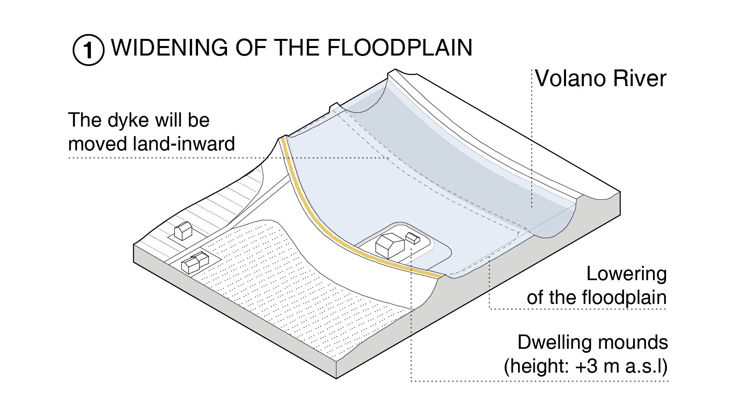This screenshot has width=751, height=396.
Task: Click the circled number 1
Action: tap(88, 50)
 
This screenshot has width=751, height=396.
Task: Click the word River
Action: tap(640, 78)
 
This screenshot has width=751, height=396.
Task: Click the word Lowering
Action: tap(626, 274)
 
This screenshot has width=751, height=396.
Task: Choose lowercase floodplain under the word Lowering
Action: tap(624, 298)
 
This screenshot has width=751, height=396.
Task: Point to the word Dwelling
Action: tap(555, 342)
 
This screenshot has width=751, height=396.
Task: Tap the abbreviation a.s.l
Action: tap(646, 366)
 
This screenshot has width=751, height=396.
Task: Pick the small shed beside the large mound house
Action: tap(412, 238)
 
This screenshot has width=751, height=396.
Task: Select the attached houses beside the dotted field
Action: tap(195, 263)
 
